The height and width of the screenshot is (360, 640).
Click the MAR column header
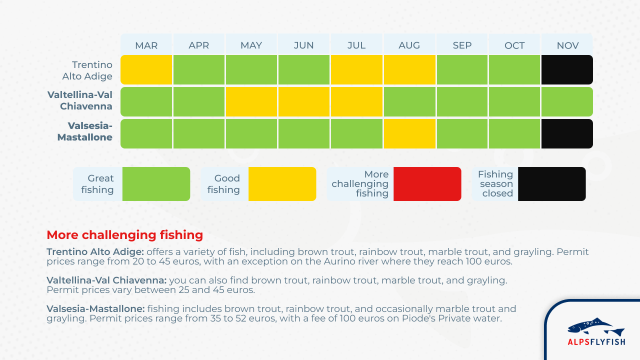tap(146, 45)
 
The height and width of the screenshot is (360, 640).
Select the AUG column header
tap(409, 45)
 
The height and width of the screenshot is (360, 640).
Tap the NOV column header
tap(567, 45)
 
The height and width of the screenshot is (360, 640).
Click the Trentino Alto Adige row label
tap(87, 70)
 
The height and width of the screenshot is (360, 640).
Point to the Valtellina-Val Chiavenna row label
tap(79, 100)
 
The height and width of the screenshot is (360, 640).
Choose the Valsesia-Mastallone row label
tap(85, 131)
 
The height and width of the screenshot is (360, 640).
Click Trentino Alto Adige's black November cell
tap(567, 69)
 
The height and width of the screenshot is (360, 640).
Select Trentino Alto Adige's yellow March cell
tap(146, 69)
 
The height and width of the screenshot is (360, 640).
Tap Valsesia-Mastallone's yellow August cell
tap(409, 133)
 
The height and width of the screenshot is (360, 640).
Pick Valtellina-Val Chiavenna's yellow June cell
tap(303, 101)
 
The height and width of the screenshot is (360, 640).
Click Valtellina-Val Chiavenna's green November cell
tap(567, 101)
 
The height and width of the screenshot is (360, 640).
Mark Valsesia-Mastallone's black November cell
tap(567, 133)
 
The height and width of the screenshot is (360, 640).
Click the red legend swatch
tap(427, 184)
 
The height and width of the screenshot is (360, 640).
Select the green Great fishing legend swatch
tap(156, 184)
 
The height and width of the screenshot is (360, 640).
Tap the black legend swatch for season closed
tap(551, 184)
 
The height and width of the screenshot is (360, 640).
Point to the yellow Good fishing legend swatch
tap(282, 184)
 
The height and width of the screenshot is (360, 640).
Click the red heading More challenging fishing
tap(125, 235)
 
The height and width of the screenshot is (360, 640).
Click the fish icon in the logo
tap(596, 326)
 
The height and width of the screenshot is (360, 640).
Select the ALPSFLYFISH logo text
tap(596, 341)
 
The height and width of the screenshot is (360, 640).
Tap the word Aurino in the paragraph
tap(337, 261)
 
